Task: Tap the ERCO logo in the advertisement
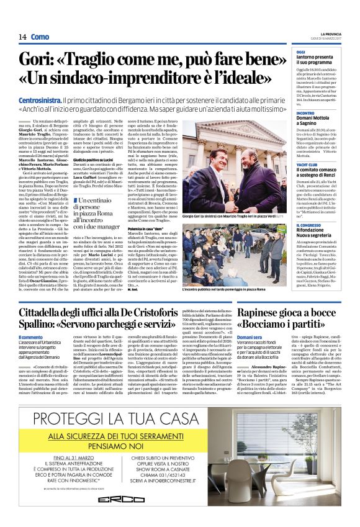coord(133,499)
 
